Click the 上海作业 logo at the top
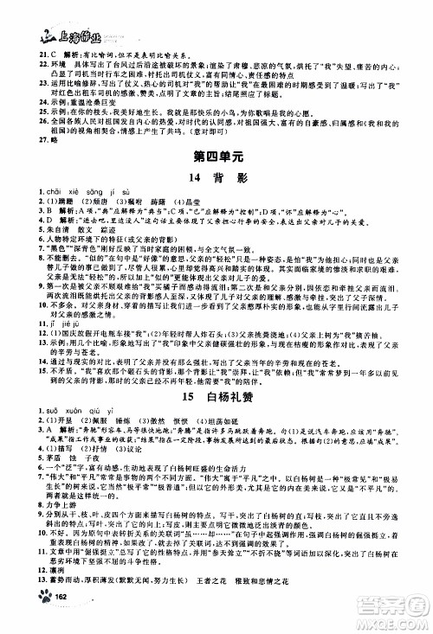click(x=48, y=12)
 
